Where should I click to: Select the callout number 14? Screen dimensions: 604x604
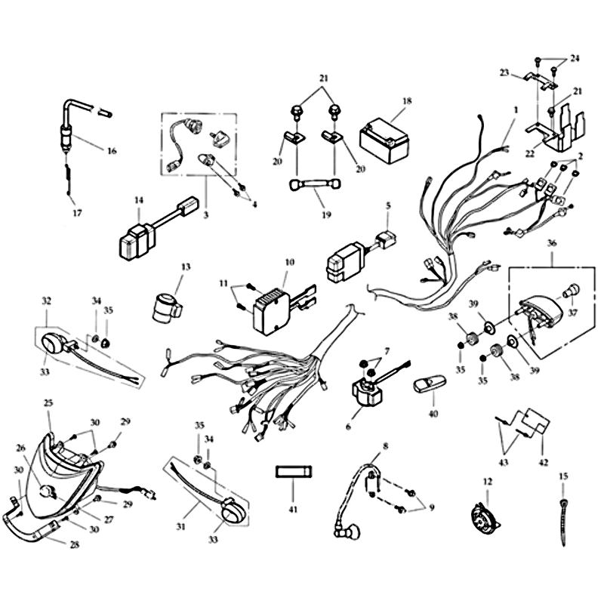[x=139, y=200]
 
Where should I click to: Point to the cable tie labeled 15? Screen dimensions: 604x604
[x=563, y=522]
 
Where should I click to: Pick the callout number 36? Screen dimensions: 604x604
[x=552, y=243]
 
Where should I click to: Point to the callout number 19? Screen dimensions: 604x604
[x=326, y=214]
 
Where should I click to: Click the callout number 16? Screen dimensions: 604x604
[x=111, y=150]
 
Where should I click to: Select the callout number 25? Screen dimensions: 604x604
[x=48, y=403]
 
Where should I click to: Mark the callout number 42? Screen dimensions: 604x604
[x=543, y=462]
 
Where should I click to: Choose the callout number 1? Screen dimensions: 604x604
[x=516, y=109]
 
